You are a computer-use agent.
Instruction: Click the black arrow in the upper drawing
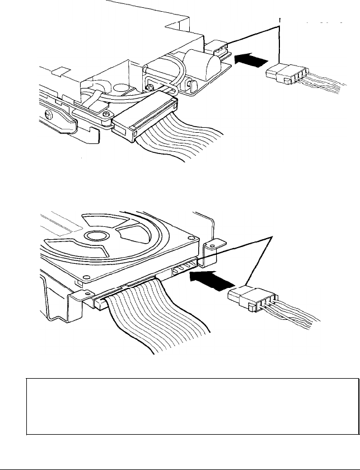(251, 58)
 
